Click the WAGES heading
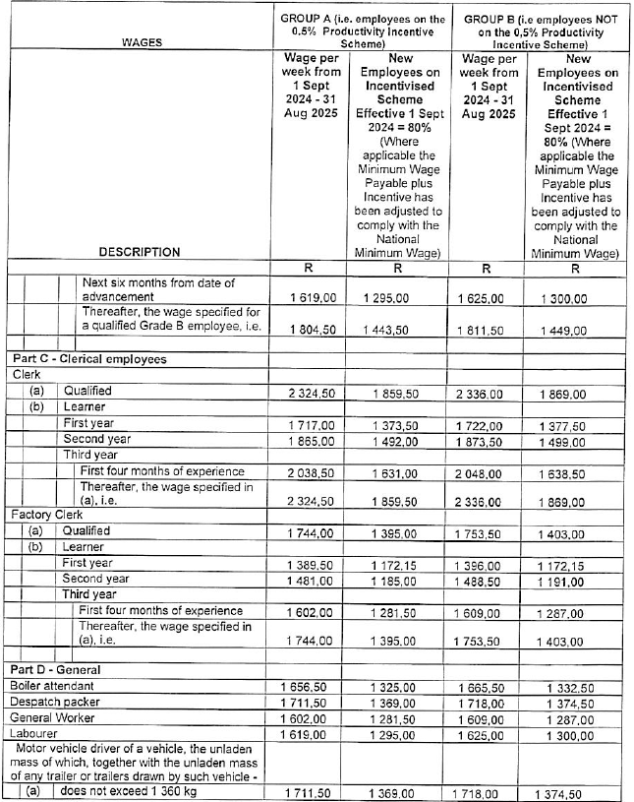pos(142,42)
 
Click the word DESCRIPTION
pos(139,252)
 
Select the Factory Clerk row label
pos(45,515)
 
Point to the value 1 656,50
pos(309,685)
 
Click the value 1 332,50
pos(575,686)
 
